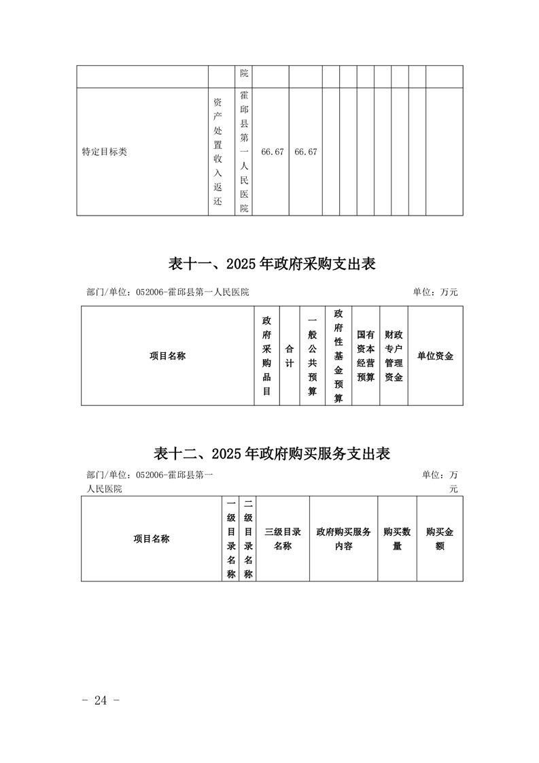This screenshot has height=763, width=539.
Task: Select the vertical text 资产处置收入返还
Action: [218, 152]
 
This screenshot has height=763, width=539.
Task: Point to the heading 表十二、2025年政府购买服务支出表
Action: [272, 454]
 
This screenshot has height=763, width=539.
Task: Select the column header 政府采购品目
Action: [266, 356]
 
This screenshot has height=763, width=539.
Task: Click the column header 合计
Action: [289, 356]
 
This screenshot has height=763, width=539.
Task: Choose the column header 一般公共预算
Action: [312, 356]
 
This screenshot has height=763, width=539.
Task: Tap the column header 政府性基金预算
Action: [338, 356]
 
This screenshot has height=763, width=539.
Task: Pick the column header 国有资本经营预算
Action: [366, 356]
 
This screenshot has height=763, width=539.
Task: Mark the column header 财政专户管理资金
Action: [394, 356]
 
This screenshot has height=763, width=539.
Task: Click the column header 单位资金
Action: [435, 356]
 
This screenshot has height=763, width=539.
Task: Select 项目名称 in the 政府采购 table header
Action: [167, 356]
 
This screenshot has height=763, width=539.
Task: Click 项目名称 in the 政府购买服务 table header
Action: [152, 539]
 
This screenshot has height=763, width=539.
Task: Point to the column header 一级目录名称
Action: [231, 539]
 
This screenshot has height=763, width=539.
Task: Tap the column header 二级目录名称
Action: [248, 539]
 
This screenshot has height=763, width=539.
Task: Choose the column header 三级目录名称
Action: [283, 539]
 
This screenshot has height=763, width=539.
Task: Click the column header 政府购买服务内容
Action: [343, 539]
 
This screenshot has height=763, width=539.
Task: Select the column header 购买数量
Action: [397, 539]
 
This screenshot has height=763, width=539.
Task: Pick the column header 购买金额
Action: [440, 539]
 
